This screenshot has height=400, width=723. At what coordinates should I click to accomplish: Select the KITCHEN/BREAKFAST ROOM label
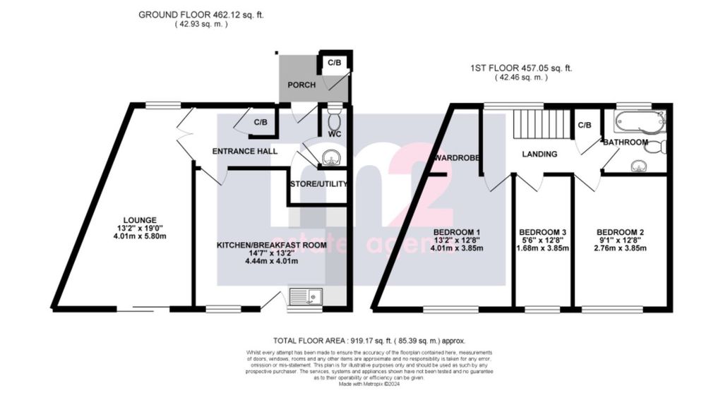[x=261, y=245]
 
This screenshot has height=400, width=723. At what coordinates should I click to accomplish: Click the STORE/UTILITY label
[x=318, y=184]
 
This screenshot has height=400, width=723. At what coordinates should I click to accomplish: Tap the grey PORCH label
[x=300, y=85]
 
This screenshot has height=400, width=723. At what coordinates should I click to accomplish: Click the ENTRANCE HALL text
[x=245, y=151]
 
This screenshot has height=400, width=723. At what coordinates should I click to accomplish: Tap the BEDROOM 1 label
[x=457, y=232]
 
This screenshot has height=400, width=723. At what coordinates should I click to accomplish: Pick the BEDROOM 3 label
[x=542, y=232]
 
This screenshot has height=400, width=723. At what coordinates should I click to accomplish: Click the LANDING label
[x=539, y=154]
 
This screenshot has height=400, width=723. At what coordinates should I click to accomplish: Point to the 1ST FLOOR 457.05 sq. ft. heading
[x=521, y=68]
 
